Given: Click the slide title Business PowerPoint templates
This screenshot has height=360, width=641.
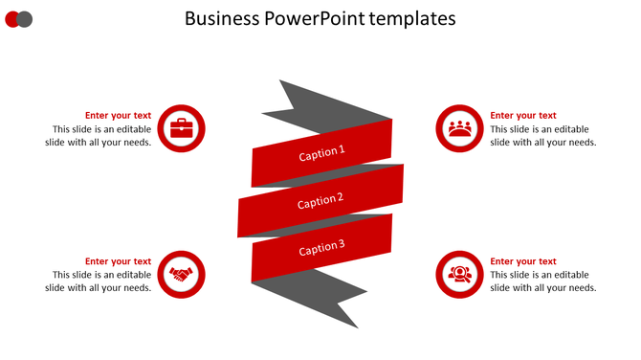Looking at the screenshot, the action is pyautogui.click(x=320, y=18).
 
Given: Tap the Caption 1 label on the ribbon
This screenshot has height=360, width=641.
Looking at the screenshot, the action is pyautogui.click(x=321, y=152).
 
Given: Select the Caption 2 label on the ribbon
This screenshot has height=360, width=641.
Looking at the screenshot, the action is pyautogui.click(x=320, y=201).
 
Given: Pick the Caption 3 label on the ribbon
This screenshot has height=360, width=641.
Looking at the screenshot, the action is pyautogui.click(x=321, y=249).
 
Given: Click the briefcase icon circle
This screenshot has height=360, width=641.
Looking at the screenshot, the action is pyautogui.click(x=181, y=128).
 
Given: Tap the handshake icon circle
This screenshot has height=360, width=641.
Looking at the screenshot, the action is pyautogui.click(x=181, y=275).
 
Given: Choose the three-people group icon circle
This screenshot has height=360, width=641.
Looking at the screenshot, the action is pyautogui.click(x=460, y=128).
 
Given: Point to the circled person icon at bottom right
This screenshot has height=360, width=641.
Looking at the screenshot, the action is pyautogui.click(x=460, y=275).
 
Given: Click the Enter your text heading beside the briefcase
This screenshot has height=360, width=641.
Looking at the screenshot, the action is pyautogui.click(x=118, y=116).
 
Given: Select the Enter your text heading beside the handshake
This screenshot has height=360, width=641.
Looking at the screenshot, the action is pyautogui.click(x=118, y=261).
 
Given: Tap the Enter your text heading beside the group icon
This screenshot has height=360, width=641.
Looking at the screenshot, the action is pyautogui.click(x=523, y=116).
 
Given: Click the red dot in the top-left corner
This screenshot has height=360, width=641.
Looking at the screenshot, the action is pyautogui.click(x=12, y=19).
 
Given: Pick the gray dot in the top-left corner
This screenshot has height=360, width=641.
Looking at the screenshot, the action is pyautogui.click(x=26, y=19).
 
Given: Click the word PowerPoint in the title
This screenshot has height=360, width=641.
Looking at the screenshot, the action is pyautogui.click(x=323, y=18).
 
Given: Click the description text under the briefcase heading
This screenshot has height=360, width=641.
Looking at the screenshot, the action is pyautogui.click(x=99, y=136).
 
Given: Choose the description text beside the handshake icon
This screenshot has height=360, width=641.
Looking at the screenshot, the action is pyautogui.click(x=99, y=281).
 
